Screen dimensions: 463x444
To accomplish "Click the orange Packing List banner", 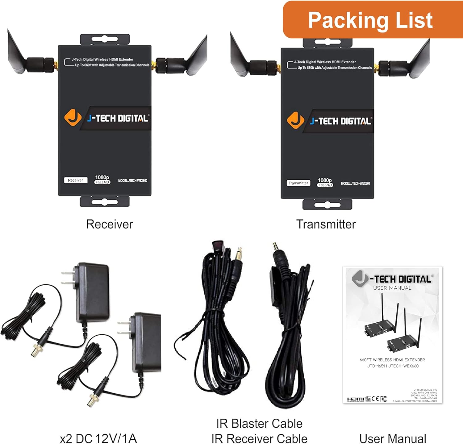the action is click(x=370, y=20).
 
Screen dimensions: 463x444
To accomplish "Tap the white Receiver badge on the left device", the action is click(x=76, y=180).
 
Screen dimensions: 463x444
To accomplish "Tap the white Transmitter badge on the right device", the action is click(x=298, y=183).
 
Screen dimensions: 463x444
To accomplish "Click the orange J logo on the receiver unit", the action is click(x=73, y=118).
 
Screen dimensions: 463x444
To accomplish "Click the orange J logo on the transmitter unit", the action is click(x=295, y=120).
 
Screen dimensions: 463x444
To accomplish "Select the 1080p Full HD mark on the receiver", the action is click(x=102, y=179).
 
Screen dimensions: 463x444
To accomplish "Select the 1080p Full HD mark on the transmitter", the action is click(x=325, y=182).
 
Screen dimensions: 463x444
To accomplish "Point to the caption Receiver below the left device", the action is click(x=110, y=224).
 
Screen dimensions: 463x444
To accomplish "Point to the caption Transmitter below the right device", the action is click(x=326, y=224).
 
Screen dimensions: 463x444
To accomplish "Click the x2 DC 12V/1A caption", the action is click(x=98, y=438).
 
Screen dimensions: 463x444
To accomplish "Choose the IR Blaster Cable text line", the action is click(x=259, y=423).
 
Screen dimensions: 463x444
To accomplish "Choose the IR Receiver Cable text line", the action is click(x=259, y=438).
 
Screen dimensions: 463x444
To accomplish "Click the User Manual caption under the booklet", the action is click(x=393, y=438).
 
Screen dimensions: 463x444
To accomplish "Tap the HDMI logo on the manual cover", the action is click(x=356, y=399).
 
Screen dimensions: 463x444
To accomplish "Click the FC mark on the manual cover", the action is click(x=383, y=399).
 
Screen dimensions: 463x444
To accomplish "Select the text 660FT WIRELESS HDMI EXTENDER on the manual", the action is click(x=392, y=360).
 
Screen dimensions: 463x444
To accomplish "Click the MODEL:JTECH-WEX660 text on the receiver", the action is click(x=133, y=181).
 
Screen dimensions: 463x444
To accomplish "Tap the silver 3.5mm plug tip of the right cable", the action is click(x=275, y=247).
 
